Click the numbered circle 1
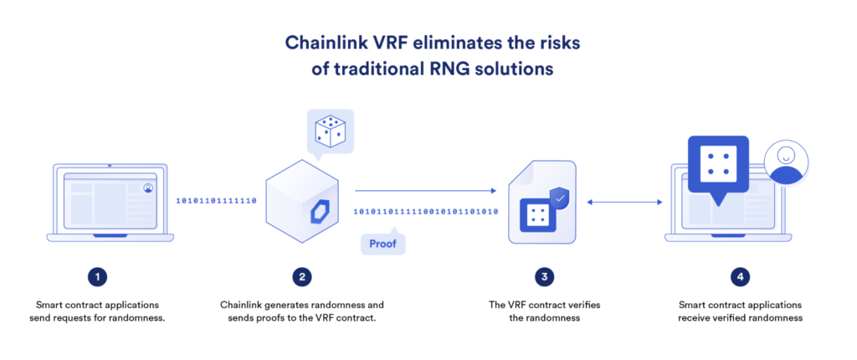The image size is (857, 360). click(x=98, y=275)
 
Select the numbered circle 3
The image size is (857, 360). click(x=546, y=275)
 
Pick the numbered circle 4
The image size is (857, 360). click(x=739, y=275)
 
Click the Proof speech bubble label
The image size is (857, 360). click(x=382, y=244)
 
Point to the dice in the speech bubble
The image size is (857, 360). click(x=331, y=131)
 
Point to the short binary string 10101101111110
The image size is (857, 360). click(x=216, y=201)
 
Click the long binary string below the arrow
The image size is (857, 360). click(x=425, y=212)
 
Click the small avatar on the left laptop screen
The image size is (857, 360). click(x=148, y=188)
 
